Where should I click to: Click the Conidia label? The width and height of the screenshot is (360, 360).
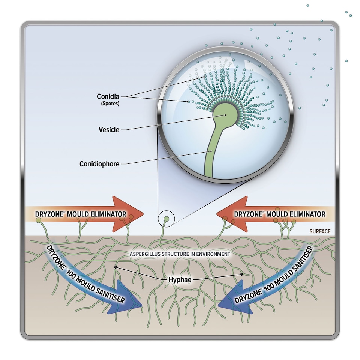coord(108,96)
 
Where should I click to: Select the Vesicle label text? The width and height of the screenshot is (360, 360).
coord(109,130)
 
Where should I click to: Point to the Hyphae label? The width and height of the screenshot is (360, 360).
coord(178,279)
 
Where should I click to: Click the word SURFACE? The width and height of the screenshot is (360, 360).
coord(320,231)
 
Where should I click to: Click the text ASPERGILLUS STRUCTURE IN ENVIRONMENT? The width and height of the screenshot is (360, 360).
coord(180,254)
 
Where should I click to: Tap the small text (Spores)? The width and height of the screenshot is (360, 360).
coord(109,103)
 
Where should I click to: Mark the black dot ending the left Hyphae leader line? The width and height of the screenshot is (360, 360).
coord(116,267)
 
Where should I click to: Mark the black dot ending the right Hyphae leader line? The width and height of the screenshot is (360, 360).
coord(242,274)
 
